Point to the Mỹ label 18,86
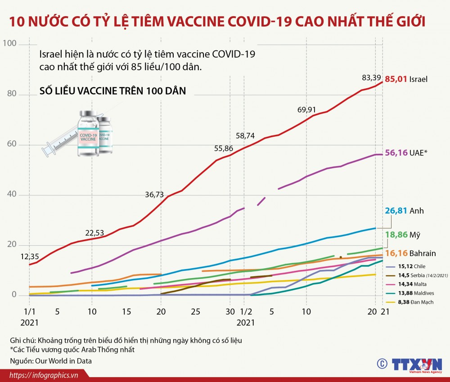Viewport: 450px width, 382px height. point(395,234)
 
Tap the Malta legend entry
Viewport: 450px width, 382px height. point(409,284)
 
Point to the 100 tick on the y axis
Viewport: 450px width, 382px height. point(9,44)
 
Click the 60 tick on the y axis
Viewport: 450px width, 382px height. point(11,144)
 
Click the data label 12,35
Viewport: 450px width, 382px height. point(30,257)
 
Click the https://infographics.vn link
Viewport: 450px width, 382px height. point(44,375)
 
